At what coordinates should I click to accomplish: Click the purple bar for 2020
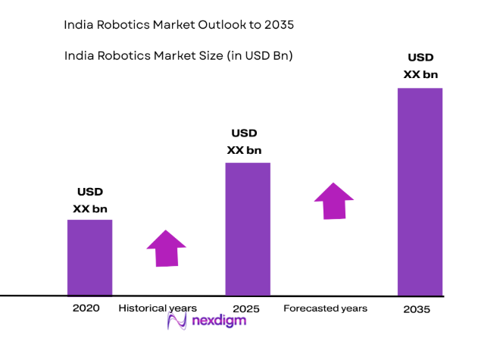click(x=89, y=257)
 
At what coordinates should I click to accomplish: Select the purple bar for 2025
click(x=248, y=228)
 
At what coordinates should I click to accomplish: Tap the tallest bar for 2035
click(x=420, y=191)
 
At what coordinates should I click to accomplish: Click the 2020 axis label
click(x=86, y=308)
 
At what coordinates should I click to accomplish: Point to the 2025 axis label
click(x=246, y=309)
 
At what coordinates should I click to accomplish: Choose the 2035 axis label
click(x=417, y=310)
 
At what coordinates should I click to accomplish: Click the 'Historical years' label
click(x=158, y=308)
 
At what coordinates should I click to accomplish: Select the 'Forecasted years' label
click(x=325, y=308)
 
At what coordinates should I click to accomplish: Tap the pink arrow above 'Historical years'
click(x=166, y=248)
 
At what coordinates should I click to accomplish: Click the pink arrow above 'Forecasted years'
click(x=334, y=201)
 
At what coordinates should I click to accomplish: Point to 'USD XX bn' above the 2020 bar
click(x=89, y=200)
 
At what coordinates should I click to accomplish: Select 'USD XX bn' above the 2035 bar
click(x=420, y=66)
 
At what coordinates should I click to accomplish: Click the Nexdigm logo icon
click(x=177, y=321)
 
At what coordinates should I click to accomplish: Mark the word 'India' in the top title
click(x=80, y=25)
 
